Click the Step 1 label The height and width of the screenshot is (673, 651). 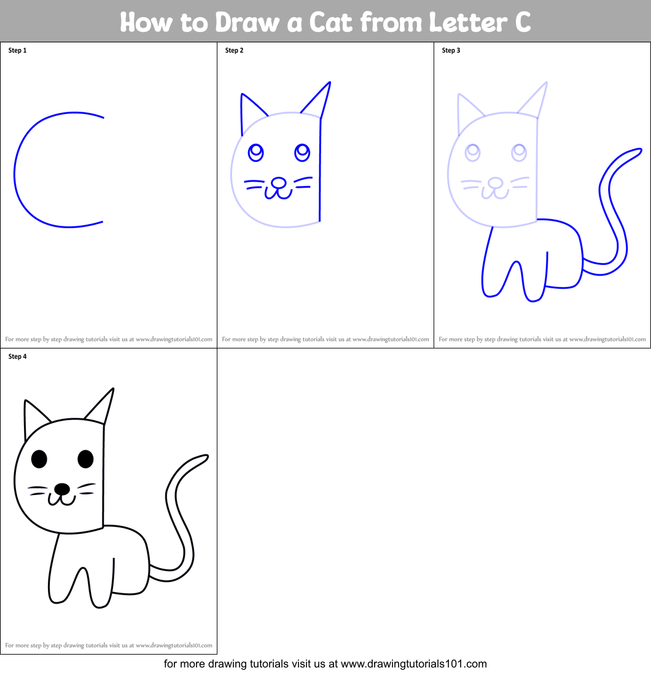17,50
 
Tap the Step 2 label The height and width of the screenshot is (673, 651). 234,50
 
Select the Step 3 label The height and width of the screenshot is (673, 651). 451,50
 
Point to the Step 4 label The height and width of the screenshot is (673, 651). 17,356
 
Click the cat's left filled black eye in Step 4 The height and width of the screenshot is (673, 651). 39,458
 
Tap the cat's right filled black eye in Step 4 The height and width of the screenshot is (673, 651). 85,458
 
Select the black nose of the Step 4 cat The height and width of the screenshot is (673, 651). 61,488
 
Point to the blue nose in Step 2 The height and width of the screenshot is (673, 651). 278,182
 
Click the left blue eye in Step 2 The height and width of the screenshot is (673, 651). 255,151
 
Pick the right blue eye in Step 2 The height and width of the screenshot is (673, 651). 302,151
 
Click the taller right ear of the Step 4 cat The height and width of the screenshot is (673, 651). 104,406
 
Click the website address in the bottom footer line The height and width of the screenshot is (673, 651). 413,663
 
